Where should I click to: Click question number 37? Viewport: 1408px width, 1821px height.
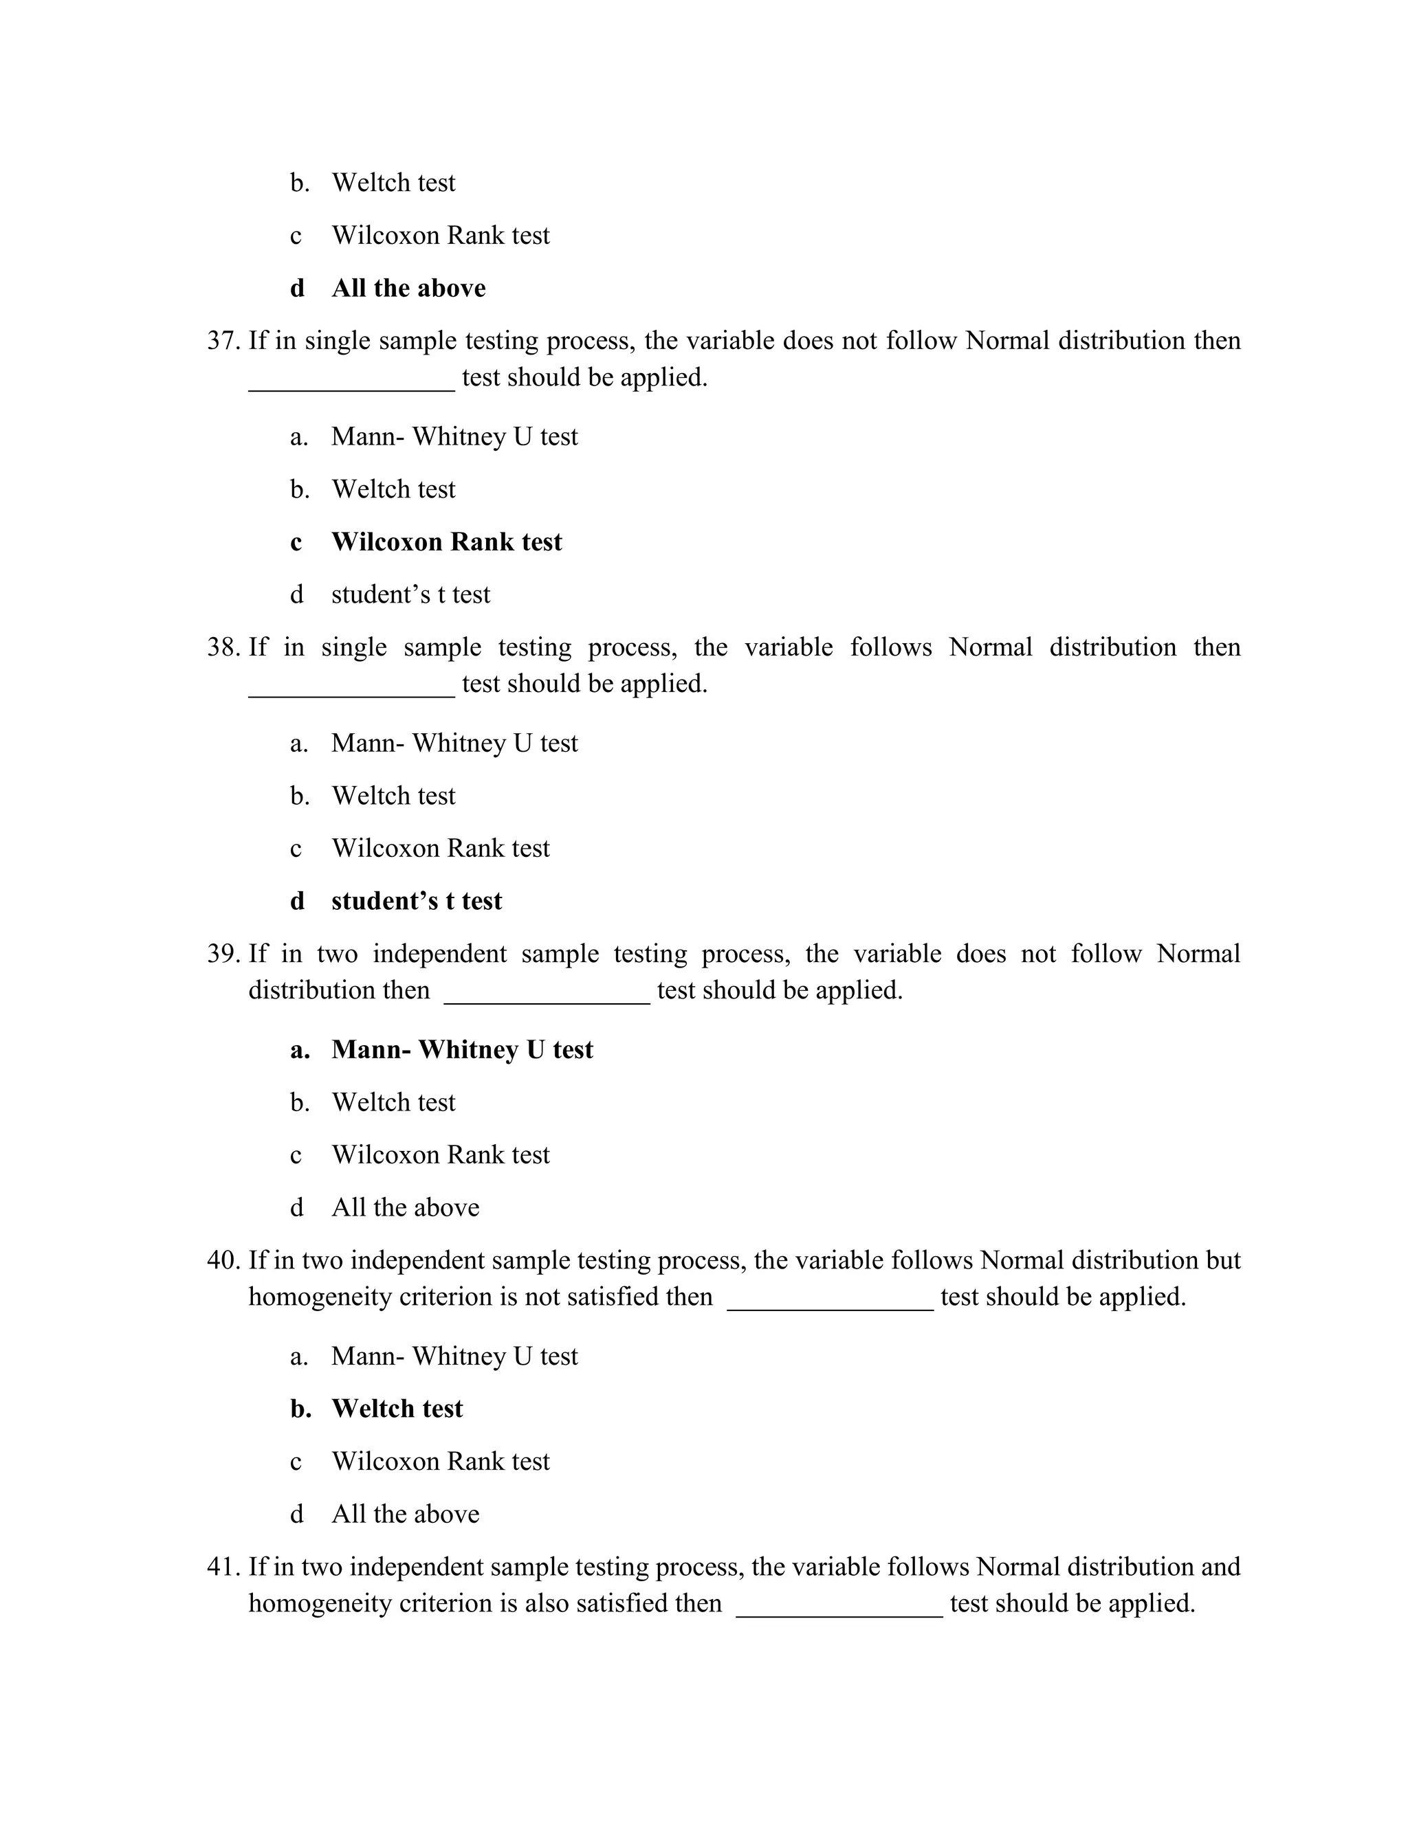click(223, 341)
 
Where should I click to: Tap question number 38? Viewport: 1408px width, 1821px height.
click(223, 648)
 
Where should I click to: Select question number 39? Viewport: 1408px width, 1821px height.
click(223, 954)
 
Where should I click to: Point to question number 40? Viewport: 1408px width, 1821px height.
click(223, 1260)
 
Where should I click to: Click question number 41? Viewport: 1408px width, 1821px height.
click(223, 1567)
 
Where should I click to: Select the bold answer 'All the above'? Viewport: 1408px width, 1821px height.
click(409, 289)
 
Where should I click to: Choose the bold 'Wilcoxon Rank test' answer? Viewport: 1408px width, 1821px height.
click(446, 542)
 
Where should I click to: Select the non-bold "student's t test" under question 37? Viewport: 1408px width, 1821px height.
click(410, 594)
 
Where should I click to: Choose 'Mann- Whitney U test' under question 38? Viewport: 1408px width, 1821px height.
click(454, 743)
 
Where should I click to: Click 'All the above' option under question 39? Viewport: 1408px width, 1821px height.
click(406, 1208)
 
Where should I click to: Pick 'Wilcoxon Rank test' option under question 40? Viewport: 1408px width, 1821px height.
click(441, 1462)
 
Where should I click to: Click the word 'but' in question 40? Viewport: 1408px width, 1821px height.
click(1223, 1260)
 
